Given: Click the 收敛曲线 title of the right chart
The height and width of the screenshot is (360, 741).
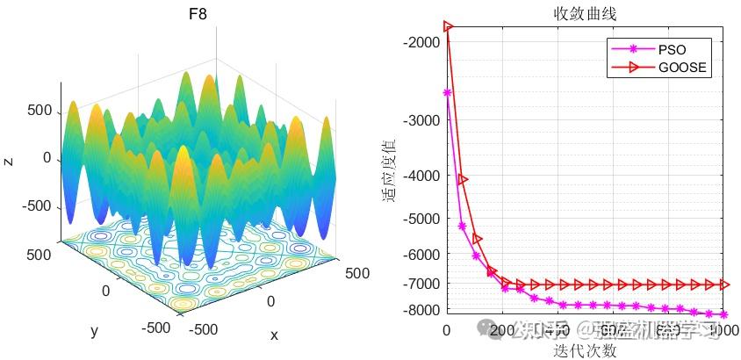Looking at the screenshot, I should (x=585, y=14).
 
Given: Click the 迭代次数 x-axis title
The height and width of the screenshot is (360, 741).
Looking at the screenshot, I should (x=585, y=350).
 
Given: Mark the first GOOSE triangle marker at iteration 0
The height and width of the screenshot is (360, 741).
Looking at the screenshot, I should (x=448, y=26).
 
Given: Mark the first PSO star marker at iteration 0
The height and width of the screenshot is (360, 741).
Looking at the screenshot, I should (x=447, y=92).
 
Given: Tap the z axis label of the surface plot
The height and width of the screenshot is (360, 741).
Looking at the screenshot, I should (x=8, y=162).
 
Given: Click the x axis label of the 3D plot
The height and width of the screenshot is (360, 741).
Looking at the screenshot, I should (x=274, y=335).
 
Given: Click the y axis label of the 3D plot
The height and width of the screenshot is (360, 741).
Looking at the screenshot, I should (x=93, y=331).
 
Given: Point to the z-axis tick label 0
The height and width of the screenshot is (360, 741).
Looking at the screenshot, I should (x=48, y=159).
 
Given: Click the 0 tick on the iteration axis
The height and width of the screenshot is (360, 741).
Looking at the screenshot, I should (x=447, y=330).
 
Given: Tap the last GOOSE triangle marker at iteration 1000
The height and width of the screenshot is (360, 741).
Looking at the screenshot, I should (x=723, y=284).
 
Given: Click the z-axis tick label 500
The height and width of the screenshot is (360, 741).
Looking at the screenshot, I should (x=40, y=112).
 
